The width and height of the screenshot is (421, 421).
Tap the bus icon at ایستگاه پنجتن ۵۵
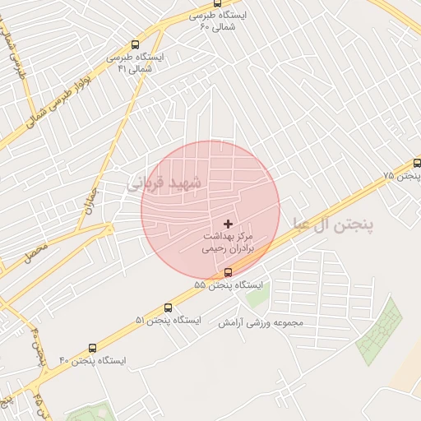228,272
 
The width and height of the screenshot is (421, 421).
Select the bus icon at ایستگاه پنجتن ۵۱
169,308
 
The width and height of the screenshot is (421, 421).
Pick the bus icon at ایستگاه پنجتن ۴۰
92,348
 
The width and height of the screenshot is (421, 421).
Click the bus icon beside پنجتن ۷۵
417,164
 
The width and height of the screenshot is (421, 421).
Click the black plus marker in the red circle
228,224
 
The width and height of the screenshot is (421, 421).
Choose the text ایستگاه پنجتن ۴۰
93,360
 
